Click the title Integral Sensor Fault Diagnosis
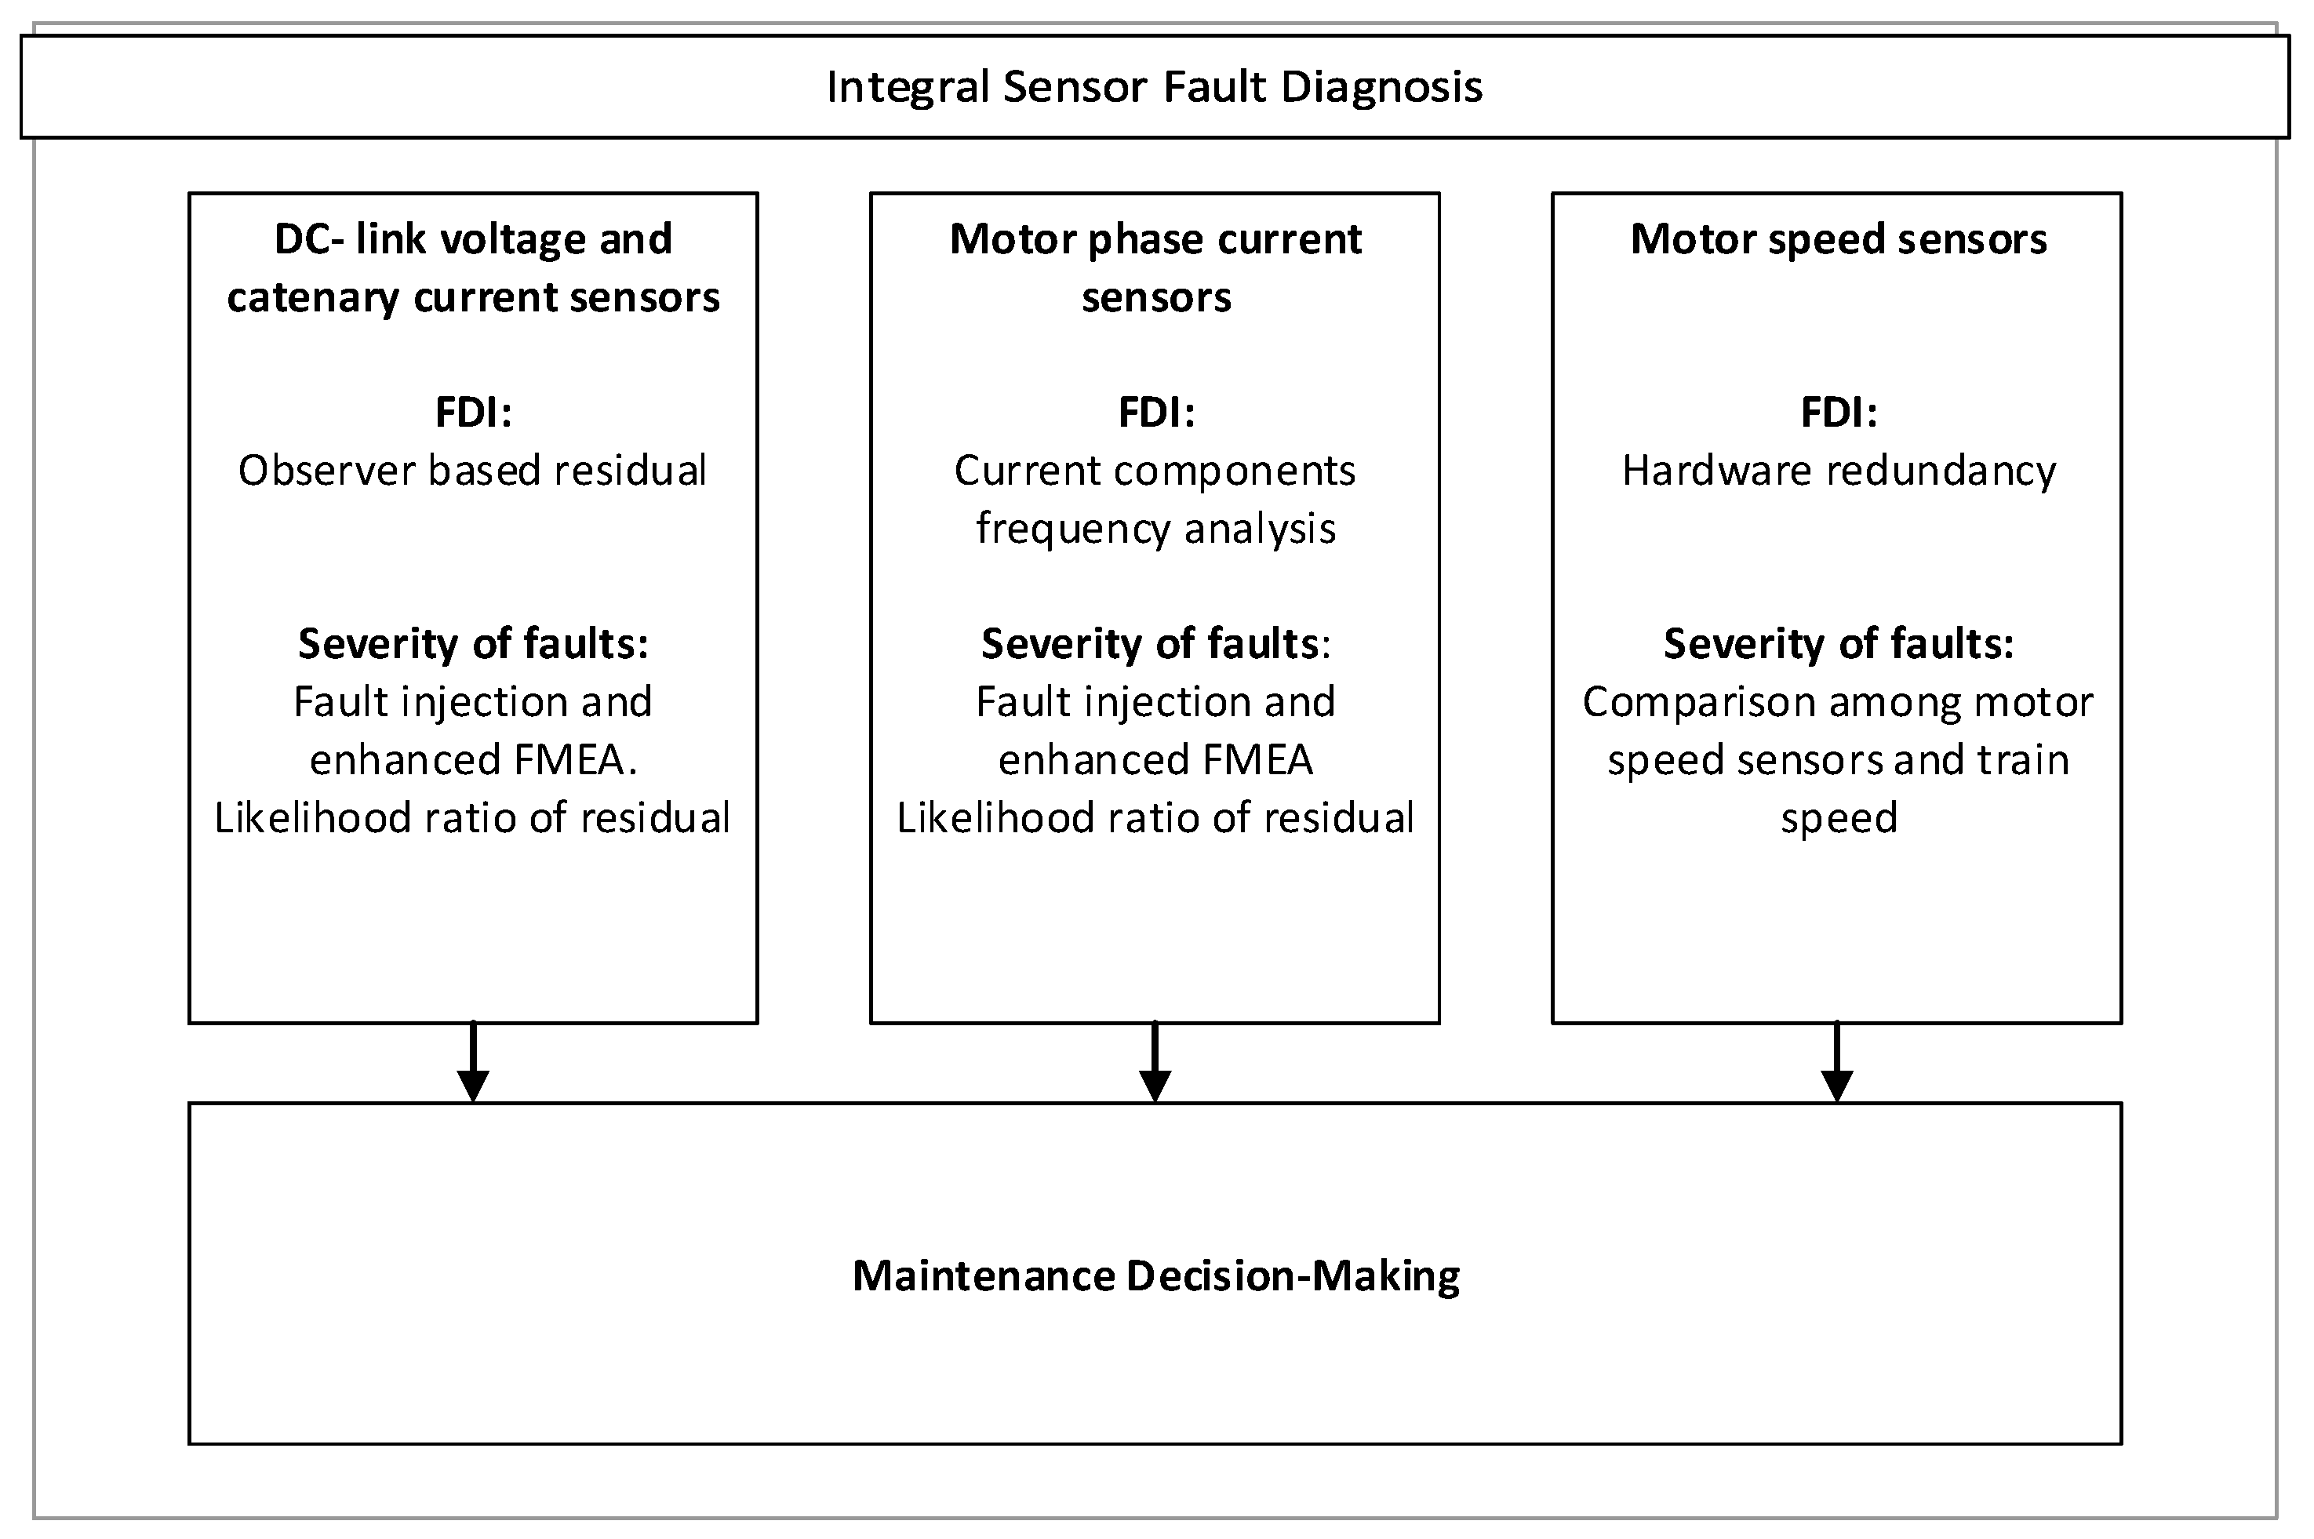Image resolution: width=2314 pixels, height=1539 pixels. pyautogui.click(x=1154, y=86)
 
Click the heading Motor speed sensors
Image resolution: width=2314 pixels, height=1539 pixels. pyautogui.click(x=1838, y=239)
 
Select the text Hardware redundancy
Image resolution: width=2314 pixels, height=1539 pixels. pyautogui.click(x=1838, y=471)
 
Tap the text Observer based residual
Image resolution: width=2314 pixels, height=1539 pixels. pyautogui.click(x=472, y=471)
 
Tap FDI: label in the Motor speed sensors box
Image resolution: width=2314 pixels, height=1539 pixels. pyautogui.click(x=1838, y=413)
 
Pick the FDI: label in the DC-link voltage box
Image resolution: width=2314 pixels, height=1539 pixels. pyautogui.click(x=473, y=413)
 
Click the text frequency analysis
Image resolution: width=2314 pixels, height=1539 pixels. pyautogui.click(x=1155, y=529)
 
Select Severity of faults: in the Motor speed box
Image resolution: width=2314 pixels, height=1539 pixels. pyautogui.click(x=1838, y=644)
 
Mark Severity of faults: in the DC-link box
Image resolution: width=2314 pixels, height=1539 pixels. pyautogui.click(x=473, y=644)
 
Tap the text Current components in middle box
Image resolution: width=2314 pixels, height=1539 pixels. pyautogui.click(x=1155, y=471)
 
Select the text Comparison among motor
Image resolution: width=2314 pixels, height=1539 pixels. pyautogui.click(x=1838, y=703)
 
